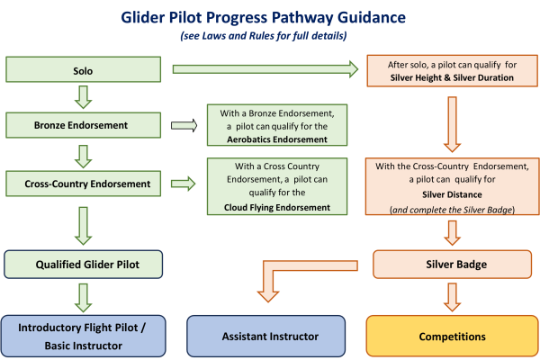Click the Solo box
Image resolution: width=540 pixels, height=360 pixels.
point(83,69)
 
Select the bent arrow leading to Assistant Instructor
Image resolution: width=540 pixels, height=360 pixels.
point(279,274)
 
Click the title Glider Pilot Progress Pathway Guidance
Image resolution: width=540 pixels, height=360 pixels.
point(269,18)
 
